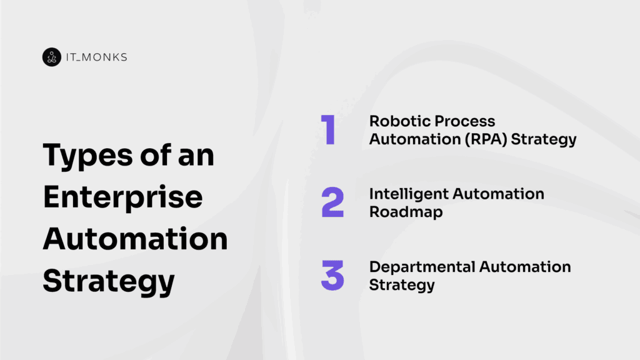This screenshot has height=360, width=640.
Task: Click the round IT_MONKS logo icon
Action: [x=51, y=57]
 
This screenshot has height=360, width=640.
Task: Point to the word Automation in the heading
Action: [x=135, y=239]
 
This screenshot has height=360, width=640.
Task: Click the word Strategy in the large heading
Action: [x=109, y=281]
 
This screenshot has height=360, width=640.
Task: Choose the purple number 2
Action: [x=332, y=202]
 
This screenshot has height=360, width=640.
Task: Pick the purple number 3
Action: [x=332, y=276]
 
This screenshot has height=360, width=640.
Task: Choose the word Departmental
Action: [x=422, y=267]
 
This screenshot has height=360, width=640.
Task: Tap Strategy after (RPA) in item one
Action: [x=544, y=139]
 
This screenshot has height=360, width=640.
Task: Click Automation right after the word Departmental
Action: [x=525, y=267]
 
